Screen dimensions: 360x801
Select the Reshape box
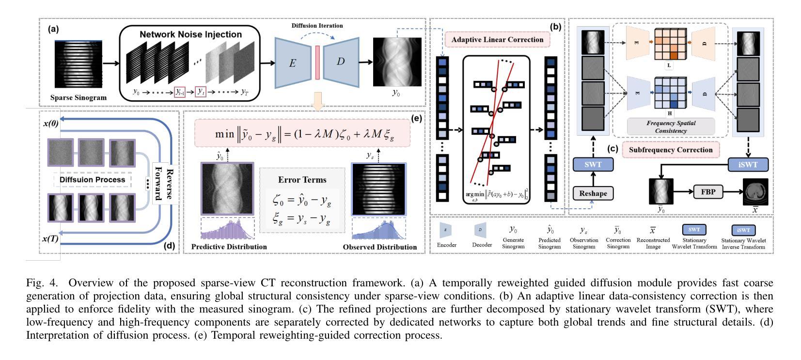[x=593, y=193]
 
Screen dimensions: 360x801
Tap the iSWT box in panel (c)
[x=749, y=165]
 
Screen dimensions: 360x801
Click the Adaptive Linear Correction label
[x=498, y=40]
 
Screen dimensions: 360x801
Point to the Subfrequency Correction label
[x=671, y=150]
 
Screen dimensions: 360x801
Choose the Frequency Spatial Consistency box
[x=671, y=127]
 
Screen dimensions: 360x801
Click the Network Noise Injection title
[x=190, y=34]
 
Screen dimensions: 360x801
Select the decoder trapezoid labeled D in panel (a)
[x=342, y=63]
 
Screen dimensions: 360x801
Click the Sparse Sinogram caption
[x=79, y=97]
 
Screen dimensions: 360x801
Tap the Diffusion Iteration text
[x=317, y=26]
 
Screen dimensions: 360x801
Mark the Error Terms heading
[x=302, y=180]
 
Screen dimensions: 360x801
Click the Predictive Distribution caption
[x=229, y=247]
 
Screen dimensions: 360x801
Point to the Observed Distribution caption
[x=379, y=247]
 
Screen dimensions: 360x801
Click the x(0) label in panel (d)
[x=51, y=123]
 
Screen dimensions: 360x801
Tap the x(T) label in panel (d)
[x=51, y=238]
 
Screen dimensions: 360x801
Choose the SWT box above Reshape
[x=593, y=165]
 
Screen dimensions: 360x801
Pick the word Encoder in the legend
[x=446, y=245]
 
